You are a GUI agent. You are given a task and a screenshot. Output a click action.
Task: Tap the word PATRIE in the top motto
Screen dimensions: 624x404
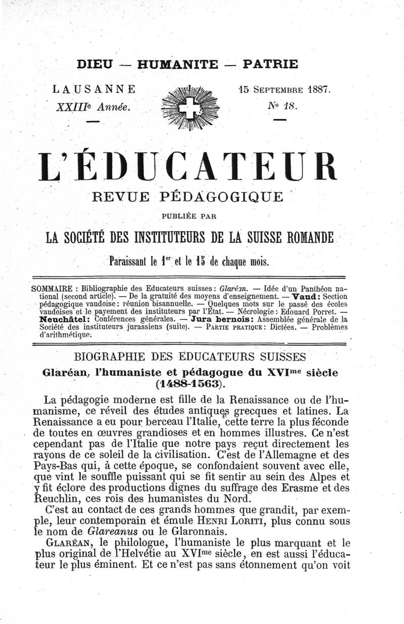tap(270, 64)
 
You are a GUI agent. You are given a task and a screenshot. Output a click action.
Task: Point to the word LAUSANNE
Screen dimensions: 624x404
tap(94, 90)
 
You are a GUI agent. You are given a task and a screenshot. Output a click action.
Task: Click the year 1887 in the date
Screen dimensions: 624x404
tap(316, 90)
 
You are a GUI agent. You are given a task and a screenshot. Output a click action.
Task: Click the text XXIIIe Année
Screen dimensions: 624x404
tap(94, 107)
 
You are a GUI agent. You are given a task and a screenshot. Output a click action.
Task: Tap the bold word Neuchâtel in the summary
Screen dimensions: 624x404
tap(67, 320)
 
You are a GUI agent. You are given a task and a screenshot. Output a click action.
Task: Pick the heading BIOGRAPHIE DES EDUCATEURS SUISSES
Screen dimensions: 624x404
tap(189, 357)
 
